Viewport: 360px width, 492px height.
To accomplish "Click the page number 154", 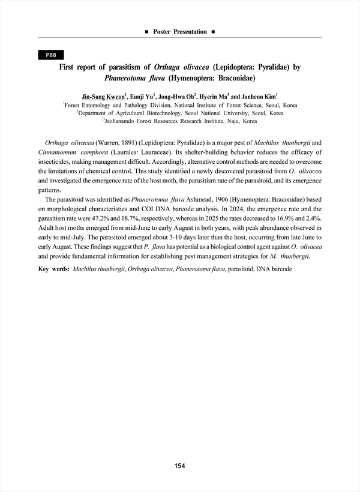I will tap(180, 466).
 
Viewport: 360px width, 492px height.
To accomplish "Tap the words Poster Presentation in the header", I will tap(180, 31).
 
